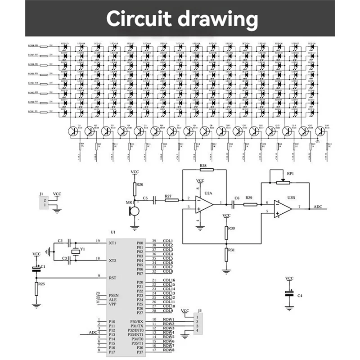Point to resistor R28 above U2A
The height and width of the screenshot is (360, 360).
(204, 171)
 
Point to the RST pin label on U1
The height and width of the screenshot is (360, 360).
(113, 277)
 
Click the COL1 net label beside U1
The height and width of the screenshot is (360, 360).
(168, 241)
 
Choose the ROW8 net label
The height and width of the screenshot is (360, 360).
(168, 350)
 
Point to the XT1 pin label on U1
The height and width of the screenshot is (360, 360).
(113, 243)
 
